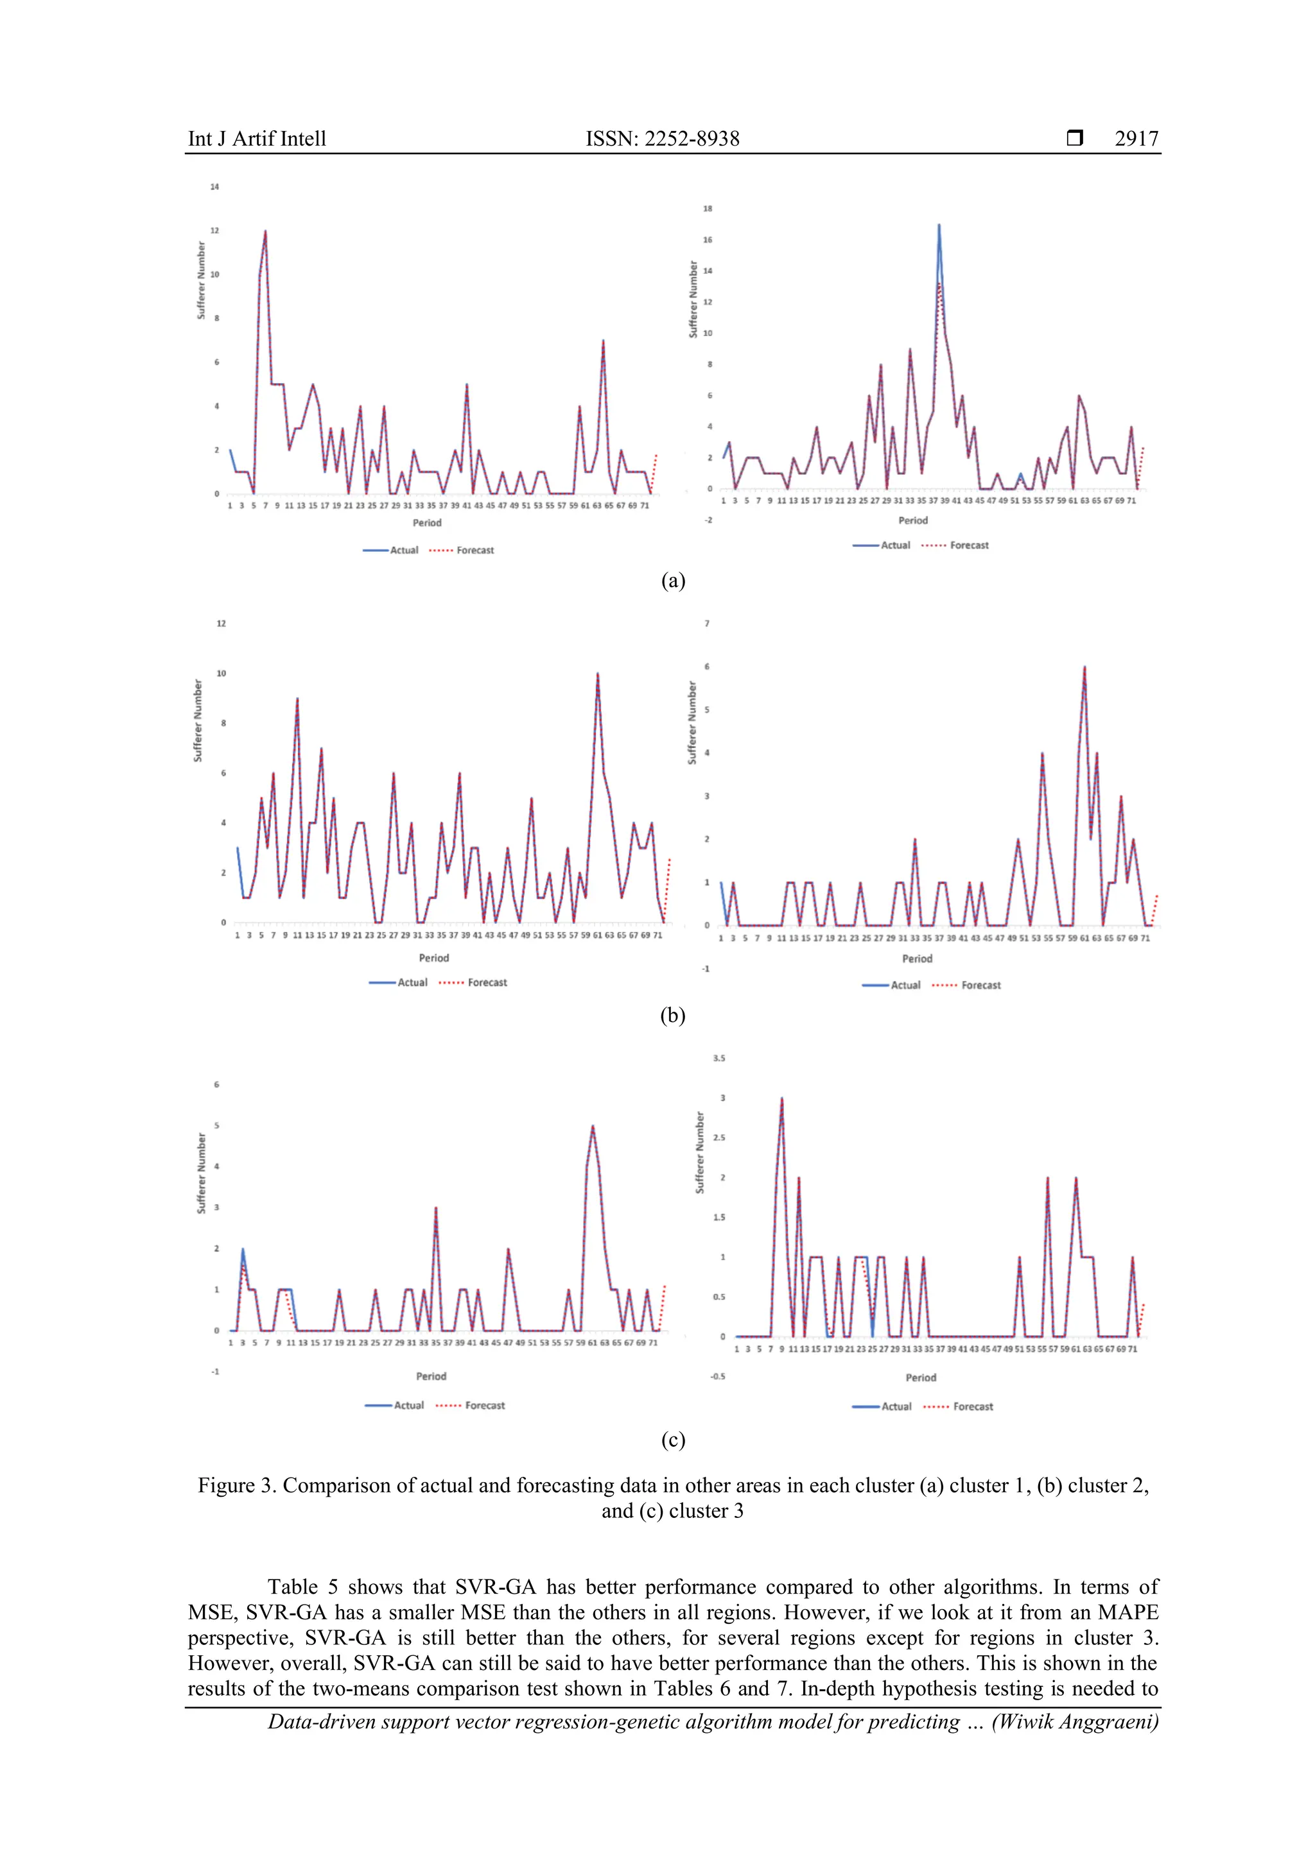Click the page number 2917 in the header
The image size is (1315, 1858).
point(1136,139)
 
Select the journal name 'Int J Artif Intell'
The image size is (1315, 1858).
point(257,139)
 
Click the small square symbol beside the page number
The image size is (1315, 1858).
point(1074,139)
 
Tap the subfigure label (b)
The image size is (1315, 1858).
point(673,1015)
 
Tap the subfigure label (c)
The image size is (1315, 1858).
point(673,1440)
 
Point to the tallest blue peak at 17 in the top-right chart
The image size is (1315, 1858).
point(939,226)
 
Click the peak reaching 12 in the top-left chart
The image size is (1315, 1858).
point(266,232)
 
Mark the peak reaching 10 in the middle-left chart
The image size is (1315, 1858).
point(598,674)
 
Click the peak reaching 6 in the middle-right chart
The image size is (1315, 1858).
point(1084,668)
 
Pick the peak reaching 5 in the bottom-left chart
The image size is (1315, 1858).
point(593,1127)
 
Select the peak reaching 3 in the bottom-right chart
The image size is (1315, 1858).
point(781,1100)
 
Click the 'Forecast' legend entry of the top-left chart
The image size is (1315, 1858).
point(475,550)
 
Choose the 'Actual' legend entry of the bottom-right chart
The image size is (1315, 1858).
point(896,1406)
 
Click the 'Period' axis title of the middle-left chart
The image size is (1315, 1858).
point(434,958)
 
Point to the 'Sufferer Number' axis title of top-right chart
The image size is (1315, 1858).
point(693,300)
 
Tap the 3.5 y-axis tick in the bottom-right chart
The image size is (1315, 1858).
point(719,1059)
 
